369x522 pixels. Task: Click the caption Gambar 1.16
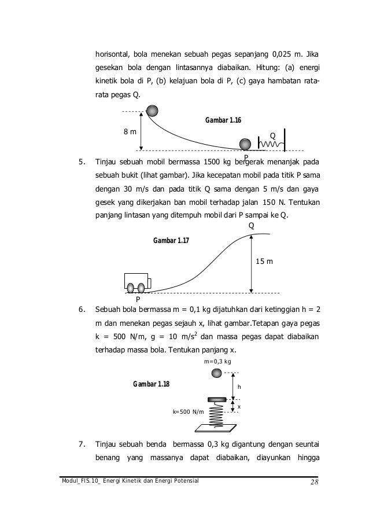pyautogui.click(x=223, y=120)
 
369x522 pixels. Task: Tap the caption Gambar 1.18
pyautogui.click(x=151, y=384)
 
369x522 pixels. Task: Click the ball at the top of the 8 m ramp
pyautogui.click(x=153, y=110)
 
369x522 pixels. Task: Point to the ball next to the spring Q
pyautogui.click(x=246, y=144)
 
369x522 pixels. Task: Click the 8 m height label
pyautogui.click(x=131, y=131)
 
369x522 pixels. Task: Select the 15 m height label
pyautogui.click(x=264, y=262)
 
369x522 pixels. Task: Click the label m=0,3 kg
pyautogui.click(x=218, y=362)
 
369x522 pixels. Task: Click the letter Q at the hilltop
pyautogui.click(x=251, y=225)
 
